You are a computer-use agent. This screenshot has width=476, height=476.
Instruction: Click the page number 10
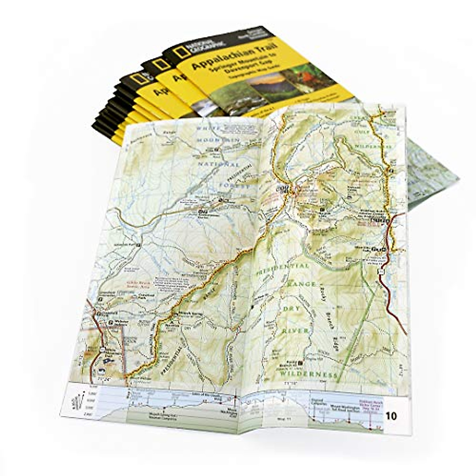[391, 416]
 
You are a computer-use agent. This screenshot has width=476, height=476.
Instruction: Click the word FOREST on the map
[236, 186]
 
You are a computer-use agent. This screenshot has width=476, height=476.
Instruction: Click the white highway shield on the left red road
[102, 349]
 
